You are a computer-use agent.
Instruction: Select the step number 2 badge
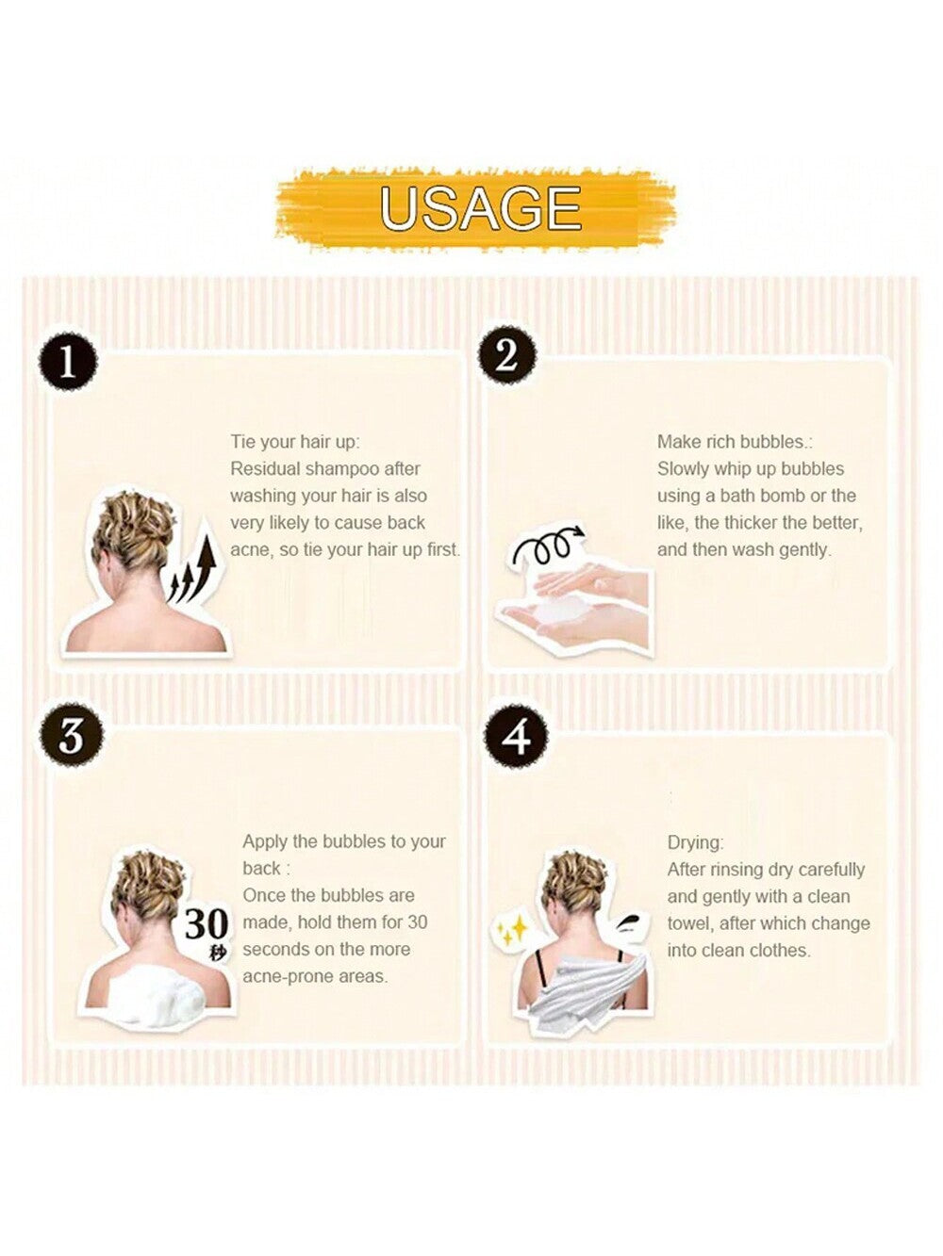507,356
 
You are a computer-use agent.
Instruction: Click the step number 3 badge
72,736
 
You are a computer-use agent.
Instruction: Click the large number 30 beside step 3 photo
207,923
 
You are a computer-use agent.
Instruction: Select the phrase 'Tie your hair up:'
295,442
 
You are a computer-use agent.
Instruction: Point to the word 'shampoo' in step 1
341,469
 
